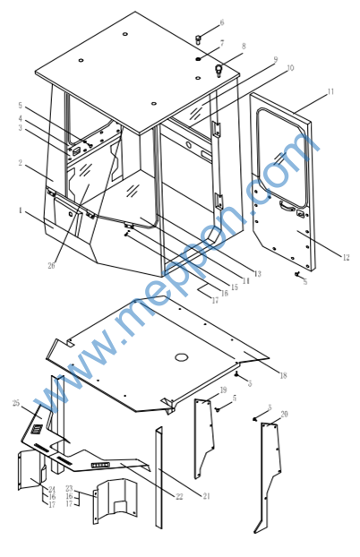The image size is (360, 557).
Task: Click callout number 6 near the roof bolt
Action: (222, 22)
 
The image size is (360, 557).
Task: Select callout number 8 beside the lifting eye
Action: (244, 47)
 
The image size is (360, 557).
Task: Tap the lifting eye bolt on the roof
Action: (219, 71)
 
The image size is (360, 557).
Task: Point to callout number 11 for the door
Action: (330, 91)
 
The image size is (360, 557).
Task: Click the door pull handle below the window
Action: (287, 205)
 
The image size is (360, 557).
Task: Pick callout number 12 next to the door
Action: (347, 258)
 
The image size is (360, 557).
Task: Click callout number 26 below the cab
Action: (52, 265)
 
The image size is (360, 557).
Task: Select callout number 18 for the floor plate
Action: (283, 375)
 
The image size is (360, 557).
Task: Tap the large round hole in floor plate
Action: (181, 356)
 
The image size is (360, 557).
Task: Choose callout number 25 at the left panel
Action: (16, 403)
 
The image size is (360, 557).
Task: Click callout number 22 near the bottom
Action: (179, 496)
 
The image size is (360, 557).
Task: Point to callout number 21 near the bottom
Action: (206, 496)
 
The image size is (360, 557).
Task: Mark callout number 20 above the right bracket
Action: (284, 415)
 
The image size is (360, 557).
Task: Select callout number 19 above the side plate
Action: (223, 390)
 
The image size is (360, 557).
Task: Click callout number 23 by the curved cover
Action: (69, 489)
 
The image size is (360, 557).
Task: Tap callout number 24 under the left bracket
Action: (52, 490)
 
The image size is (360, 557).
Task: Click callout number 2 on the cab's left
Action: (21, 163)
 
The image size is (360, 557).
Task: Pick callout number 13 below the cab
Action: (257, 273)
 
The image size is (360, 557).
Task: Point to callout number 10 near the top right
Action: (290, 68)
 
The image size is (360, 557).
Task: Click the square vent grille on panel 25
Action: (36, 430)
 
